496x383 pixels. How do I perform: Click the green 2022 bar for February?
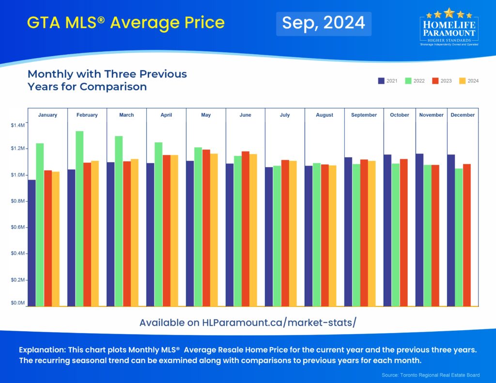point(79,218)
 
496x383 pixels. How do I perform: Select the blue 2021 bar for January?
point(31,243)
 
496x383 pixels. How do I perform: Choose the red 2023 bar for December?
point(467,235)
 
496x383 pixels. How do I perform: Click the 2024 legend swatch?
point(462,81)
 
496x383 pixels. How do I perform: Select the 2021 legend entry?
point(387,81)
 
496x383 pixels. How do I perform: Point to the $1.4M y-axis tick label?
point(17,125)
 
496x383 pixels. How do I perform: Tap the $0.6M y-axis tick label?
point(17,227)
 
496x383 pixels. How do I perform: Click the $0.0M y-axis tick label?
point(17,303)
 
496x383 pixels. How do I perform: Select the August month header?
point(325,115)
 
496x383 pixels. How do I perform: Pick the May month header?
point(206,115)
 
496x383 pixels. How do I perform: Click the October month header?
point(400,115)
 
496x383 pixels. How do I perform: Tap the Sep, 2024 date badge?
point(324,23)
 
